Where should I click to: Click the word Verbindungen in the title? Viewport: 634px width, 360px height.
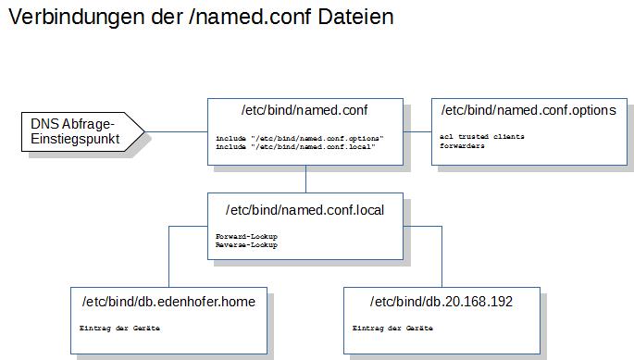(77, 18)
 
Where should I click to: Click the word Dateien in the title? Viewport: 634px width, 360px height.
(355, 17)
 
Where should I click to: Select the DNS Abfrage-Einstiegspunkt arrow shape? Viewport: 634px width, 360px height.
(83, 131)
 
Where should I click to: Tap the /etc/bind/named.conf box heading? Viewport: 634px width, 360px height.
(305, 110)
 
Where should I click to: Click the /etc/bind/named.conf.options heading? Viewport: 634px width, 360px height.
(528, 110)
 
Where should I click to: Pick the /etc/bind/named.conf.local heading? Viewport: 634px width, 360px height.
(305, 210)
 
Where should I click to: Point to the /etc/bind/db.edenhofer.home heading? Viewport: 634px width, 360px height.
(168, 302)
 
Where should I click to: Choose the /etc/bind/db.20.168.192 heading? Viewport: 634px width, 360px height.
(441, 302)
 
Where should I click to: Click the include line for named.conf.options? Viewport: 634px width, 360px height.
(300, 138)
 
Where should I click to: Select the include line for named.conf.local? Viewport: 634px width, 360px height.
(295, 147)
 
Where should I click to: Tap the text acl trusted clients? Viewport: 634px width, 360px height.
(482, 137)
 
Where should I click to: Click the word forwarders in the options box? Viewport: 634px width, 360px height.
(462, 145)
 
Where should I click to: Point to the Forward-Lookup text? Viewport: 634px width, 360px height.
(246, 236)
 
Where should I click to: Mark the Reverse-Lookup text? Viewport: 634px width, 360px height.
(246, 244)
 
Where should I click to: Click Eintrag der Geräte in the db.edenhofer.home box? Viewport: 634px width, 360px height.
(119, 328)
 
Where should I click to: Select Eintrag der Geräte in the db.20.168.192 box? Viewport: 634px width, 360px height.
(392, 328)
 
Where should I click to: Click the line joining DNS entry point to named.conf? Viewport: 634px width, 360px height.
(176, 131)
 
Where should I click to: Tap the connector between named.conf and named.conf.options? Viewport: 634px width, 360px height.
(417, 131)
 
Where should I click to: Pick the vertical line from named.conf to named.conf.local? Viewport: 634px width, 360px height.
(305, 179)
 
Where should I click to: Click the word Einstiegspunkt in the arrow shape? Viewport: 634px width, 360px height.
(75, 139)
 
